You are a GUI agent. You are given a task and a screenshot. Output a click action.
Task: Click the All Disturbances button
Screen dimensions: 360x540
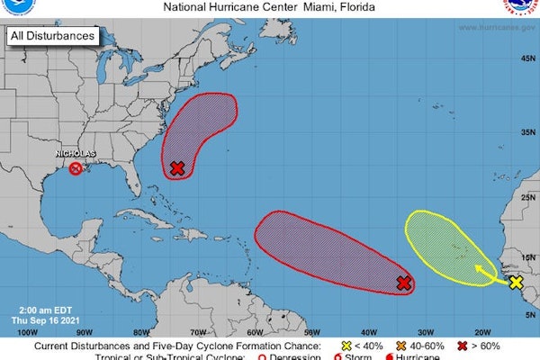tap(52, 36)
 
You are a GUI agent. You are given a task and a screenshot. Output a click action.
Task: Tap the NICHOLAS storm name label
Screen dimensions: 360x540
tap(76, 153)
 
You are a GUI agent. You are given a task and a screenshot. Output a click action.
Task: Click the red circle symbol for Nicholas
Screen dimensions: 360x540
tap(76, 168)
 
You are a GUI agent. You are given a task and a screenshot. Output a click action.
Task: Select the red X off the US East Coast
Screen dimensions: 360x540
tap(177, 168)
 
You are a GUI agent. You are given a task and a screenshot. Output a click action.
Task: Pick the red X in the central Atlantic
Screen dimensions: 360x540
tap(404, 283)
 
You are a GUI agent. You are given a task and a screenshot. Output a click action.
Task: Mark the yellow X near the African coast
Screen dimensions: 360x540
tap(516, 283)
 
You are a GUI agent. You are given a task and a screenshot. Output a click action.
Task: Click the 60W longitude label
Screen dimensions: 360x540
tap(254, 332)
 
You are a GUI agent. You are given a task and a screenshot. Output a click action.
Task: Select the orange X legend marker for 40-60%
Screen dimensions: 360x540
tap(403, 346)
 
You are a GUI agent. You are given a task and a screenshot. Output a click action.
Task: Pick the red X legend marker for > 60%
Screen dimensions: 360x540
tap(464, 346)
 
